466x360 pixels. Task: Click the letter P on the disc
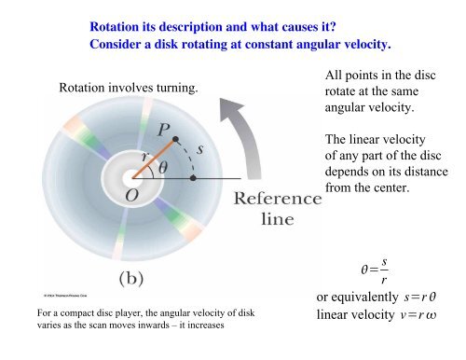(x=163, y=129)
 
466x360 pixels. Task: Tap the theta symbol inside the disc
(x=162, y=168)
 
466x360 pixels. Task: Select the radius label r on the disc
(x=144, y=158)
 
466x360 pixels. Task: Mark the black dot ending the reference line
(x=193, y=176)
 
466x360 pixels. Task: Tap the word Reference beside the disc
(x=277, y=200)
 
